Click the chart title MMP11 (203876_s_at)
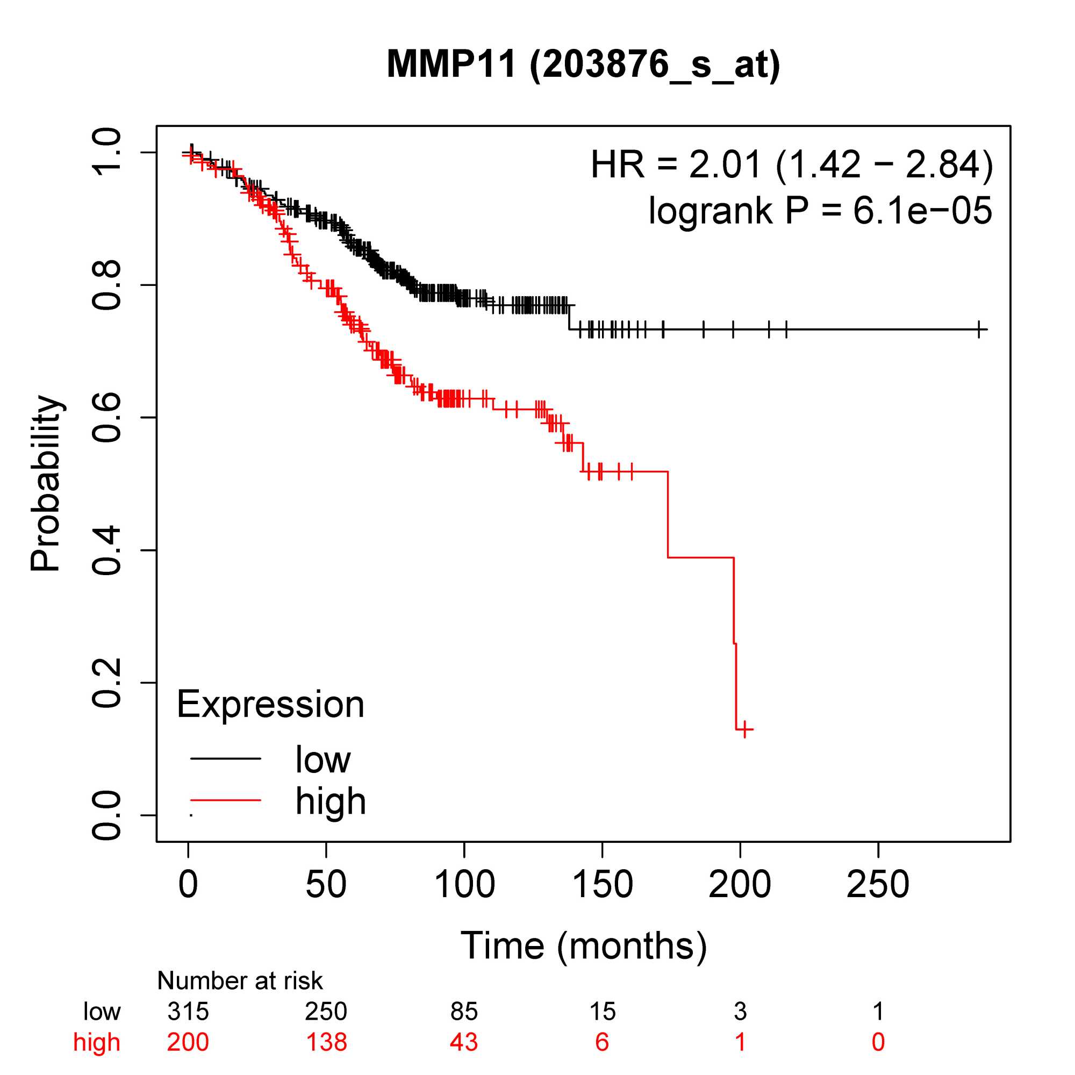click(583, 64)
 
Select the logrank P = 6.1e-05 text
click(820, 211)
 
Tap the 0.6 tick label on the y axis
click(106, 417)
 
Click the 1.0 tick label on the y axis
click(106, 152)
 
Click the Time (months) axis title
click(583, 946)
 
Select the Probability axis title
click(46, 483)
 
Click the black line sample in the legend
click(225, 758)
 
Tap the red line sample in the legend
click(225, 800)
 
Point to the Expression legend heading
click(270, 705)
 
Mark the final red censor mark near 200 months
click(744, 729)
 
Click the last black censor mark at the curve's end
click(979, 329)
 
